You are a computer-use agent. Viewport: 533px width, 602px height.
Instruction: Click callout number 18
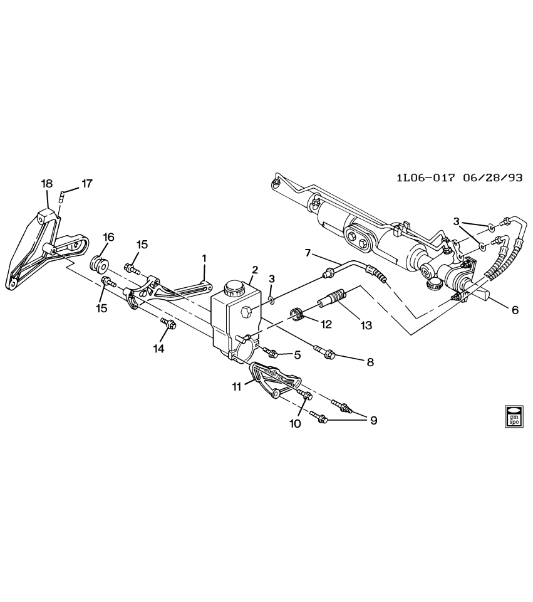pos(47,183)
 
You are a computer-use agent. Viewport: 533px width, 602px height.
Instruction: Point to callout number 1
pos(204,258)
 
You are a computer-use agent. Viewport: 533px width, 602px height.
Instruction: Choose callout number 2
pos(254,270)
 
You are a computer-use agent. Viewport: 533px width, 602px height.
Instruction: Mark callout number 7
pos(308,252)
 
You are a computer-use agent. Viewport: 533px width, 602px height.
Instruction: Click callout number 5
pos(298,355)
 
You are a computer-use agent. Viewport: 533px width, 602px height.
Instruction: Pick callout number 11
pos(237,388)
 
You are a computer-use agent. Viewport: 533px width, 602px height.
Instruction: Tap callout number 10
pos(294,423)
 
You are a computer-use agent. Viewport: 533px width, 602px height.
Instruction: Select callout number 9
pos(373,420)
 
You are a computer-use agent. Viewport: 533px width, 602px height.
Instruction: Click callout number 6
pos(515,310)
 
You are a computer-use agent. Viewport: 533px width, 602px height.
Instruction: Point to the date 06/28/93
pos(493,177)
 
